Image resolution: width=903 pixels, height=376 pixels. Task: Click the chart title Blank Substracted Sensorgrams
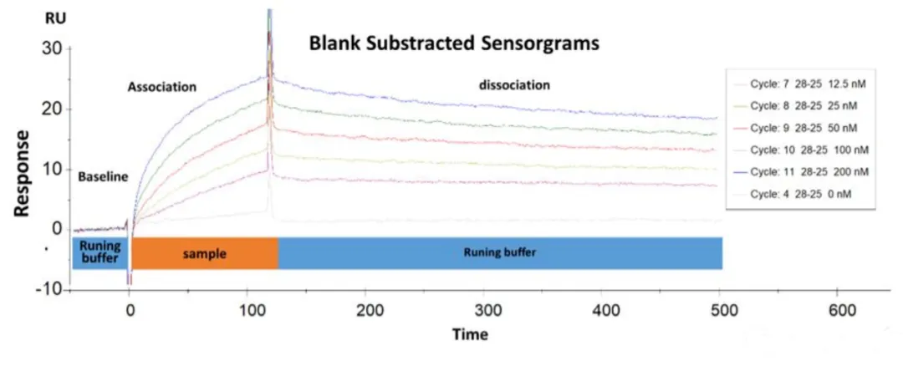tap(454, 43)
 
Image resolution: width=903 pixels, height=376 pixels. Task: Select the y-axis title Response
tap(23, 173)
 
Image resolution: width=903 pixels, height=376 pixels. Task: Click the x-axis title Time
tap(469, 334)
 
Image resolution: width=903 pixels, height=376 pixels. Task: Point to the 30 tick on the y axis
tap(52, 48)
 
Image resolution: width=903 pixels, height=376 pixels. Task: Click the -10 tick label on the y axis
tap(48, 289)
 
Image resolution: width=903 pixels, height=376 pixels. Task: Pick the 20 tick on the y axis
tap(52, 109)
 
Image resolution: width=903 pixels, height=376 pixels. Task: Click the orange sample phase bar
tap(204, 253)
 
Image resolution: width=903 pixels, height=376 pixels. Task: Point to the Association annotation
tap(161, 86)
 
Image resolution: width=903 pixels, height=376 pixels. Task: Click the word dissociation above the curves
tap(514, 84)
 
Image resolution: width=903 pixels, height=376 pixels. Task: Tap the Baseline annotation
tap(103, 177)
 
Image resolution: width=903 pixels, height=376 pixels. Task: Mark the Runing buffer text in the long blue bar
tap(499, 253)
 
